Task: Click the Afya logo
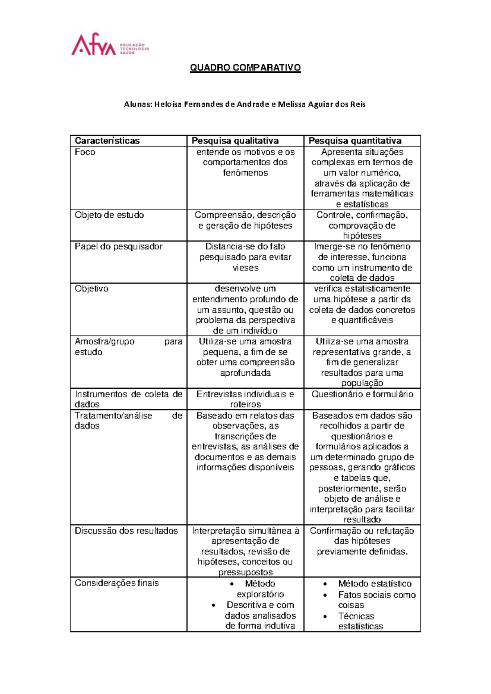coord(110,45)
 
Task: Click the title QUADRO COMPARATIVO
coord(245,68)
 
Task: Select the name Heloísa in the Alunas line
coord(168,104)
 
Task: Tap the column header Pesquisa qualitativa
coord(235,141)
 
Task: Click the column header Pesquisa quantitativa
coord(355,141)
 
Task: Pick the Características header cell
coord(107,141)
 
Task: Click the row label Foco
coord(85,152)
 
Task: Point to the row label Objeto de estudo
coord(109,215)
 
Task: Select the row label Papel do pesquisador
coord(118,247)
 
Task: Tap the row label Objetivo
coord(92,289)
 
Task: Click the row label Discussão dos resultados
coord(126,531)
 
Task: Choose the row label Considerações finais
coord(117,584)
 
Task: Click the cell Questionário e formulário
coord(362,394)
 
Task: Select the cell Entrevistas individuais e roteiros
coord(245,399)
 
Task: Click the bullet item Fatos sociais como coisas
coord(376,600)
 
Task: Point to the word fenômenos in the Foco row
coord(245,173)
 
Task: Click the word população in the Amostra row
coord(362,383)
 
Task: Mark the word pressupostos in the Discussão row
coord(245,572)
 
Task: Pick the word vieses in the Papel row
coord(245,268)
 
